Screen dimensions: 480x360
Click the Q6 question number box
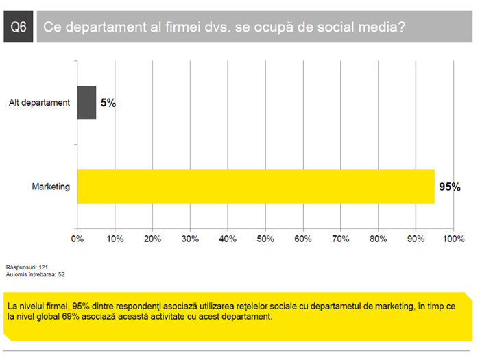coord(19,26)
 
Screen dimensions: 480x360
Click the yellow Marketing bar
coord(256,187)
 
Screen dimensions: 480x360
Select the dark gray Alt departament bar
coord(86,103)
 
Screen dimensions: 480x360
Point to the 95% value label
coord(450,187)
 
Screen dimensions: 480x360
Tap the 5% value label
coord(108,103)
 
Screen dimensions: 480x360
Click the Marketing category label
coord(51,187)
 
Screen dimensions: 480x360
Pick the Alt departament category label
coord(40,103)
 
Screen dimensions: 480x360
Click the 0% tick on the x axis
coord(77,239)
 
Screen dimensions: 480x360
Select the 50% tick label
coord(265,239)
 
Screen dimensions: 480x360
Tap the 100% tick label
coord(454,239)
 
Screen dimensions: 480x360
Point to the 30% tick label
coord(190,239)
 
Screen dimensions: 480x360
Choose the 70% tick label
coord(341,239)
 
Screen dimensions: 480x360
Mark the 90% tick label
coord(416,239)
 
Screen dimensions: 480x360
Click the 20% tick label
coord(152,239)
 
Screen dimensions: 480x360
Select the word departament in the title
coord(106,27)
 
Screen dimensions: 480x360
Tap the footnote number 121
coord(43,267)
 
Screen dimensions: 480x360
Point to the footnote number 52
coord(62,274)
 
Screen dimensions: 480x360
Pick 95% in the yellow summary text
coord(81,306)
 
